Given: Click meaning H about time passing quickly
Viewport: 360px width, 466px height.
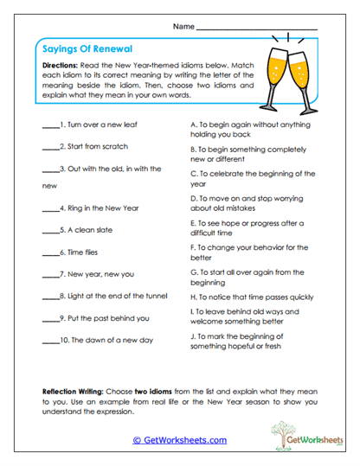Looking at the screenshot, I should (x=250, y=296).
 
